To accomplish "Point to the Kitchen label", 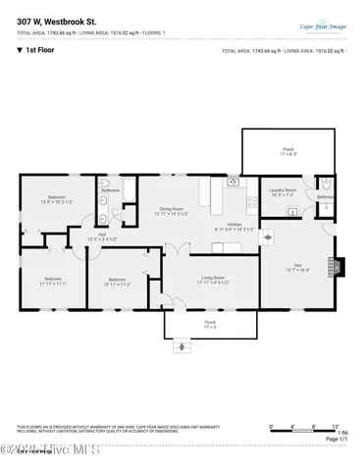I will (x=235, y=226).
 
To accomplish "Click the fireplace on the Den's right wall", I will (x=340, y=266).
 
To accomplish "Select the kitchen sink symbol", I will (x=234, y=183).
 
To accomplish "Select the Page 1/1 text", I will (x=335, y=440).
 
